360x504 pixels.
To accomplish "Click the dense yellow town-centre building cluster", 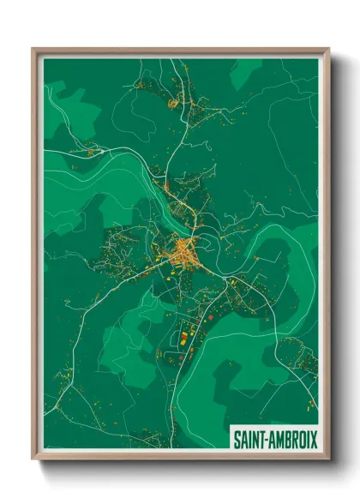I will coord(183,252).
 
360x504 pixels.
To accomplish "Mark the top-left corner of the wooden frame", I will coord(33,49).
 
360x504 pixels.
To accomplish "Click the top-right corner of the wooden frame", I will coord(328,49).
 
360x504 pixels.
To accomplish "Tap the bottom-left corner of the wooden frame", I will coord(33,459).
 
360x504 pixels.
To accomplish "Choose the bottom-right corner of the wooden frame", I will coord(328,459).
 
